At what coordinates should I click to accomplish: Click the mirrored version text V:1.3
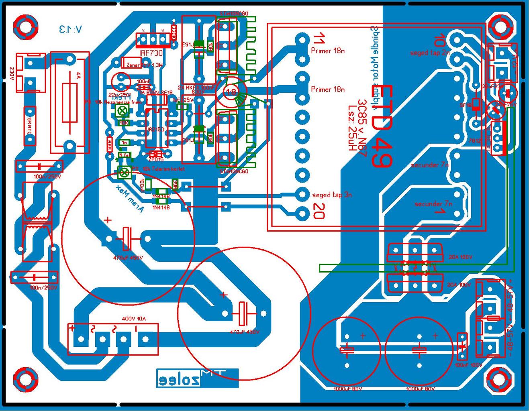click(71, 29)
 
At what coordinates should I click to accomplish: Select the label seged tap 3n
click(332, 195)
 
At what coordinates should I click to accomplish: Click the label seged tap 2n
click(429, 53)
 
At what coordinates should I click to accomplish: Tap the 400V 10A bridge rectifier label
click(134, 319)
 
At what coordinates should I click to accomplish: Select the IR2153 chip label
click(155, 130)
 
